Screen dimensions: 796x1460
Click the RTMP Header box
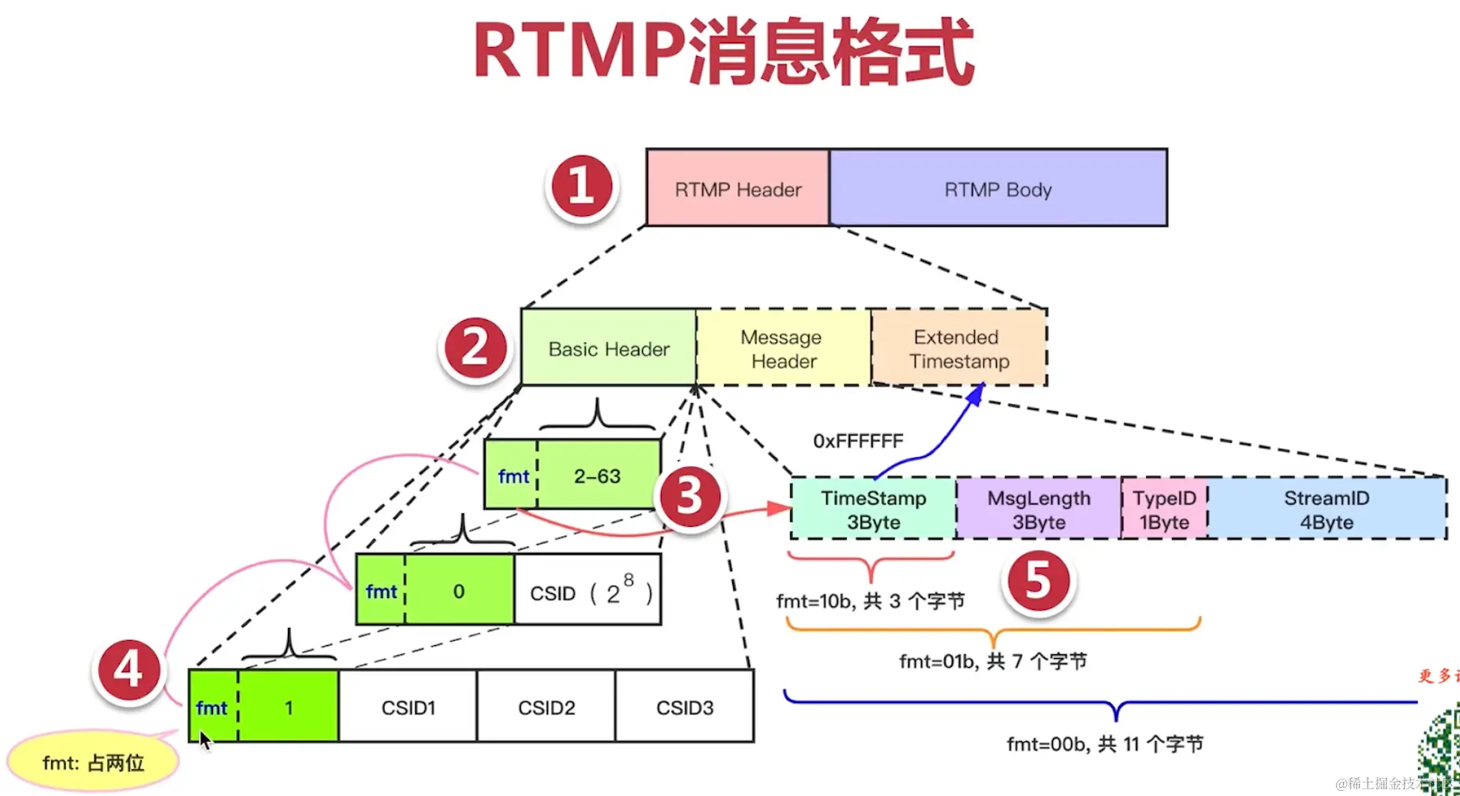tap(737, 188)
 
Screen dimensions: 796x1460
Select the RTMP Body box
tap(998, 188)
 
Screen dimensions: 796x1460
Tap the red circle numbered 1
tap(582, 187)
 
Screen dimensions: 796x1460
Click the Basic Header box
tap(609, 349)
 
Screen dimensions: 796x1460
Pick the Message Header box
tap(783, 349)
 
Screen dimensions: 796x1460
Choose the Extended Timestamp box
tap(959, 349)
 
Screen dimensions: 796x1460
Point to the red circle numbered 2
tap(475, 348)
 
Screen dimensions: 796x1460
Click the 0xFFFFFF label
tap(858, 441)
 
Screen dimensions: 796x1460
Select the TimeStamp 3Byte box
tap(873, 509)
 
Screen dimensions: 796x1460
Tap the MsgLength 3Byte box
tap(1038, 509)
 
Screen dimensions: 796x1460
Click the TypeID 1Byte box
tap(1164, 509)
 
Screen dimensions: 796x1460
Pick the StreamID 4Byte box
tap(1327, 509)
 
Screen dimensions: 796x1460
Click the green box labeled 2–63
tap(598, 475)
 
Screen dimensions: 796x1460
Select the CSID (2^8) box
tap(588, 591)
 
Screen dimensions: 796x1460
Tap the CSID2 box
tap(546, 707)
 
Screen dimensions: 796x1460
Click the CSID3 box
tap(684, 707)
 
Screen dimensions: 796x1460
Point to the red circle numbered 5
tap(1039, 581)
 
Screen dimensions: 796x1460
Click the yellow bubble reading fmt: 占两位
tap(93, 762)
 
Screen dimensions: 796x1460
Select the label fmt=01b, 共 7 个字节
tap(992, 661)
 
